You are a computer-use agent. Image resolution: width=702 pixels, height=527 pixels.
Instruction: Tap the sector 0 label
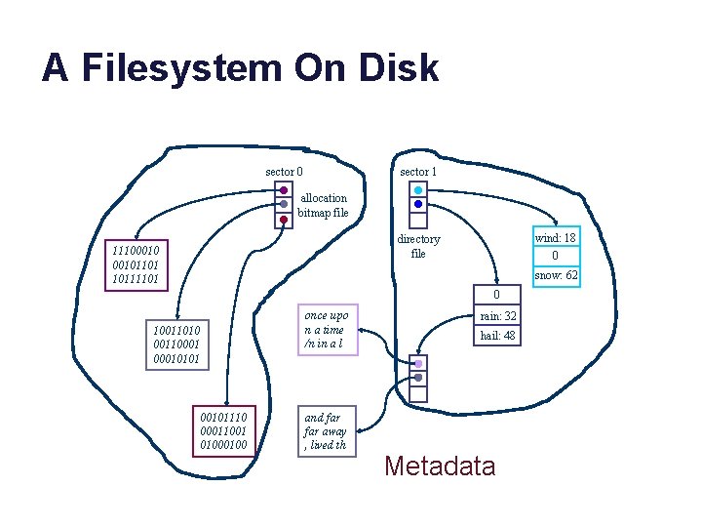(284, 172)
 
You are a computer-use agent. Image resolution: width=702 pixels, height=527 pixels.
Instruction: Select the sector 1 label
(418, 172)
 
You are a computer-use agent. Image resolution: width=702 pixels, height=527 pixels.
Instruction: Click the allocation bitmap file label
(323, 205)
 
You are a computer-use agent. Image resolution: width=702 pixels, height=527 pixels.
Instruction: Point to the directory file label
(418, 246)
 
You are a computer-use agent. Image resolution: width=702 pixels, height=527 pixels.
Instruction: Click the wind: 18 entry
(556, 237)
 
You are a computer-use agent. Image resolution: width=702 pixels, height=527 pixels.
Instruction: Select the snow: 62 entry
(556, 275)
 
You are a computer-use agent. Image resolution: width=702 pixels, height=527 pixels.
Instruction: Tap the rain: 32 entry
(496, 316)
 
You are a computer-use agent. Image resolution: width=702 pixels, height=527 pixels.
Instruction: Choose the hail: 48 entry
(496, 335)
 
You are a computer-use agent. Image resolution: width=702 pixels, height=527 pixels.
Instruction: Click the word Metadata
(440, 466)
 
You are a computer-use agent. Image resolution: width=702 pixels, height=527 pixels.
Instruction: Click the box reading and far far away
(325, 431)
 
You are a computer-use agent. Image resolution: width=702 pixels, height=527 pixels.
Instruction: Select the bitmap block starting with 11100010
(136, 265)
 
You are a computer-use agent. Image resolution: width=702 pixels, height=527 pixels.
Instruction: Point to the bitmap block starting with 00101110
(223, 430)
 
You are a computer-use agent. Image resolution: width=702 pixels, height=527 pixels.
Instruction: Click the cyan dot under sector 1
(418, 190)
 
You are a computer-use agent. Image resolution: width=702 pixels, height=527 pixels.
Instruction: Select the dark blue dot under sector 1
(418, 205)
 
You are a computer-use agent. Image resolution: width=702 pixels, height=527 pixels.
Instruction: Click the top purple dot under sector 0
(283, 190)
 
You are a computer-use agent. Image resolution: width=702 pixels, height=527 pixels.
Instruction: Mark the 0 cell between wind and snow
(556, 256)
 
